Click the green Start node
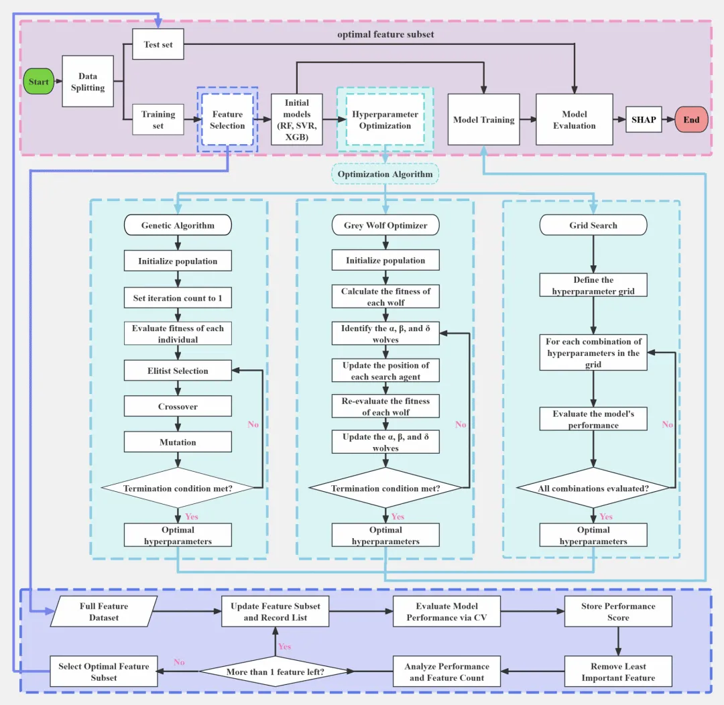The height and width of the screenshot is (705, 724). point(39,81)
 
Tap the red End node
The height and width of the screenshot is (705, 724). point(691,119)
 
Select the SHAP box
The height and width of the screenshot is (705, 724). point(644,119)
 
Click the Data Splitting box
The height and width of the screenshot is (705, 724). point(88,81)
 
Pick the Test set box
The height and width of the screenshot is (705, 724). point(158,44)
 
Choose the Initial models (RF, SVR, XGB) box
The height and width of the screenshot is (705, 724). point(296,119)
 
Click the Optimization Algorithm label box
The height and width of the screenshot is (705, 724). point(385,174)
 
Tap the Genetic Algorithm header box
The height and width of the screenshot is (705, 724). point(178,225)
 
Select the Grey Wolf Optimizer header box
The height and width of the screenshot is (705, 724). point(385,225)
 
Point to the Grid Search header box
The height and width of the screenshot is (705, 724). point(593,225)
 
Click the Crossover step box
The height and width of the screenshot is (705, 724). point(178,406)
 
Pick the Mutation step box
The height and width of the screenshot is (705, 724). point(178,442)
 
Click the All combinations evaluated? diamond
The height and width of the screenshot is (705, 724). point(593,488)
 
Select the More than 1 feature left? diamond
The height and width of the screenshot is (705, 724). point(276,671)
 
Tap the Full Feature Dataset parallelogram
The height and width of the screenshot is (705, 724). point(104,611)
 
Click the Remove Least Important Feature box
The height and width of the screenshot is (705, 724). point(618,671)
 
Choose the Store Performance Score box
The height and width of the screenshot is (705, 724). point(618,611)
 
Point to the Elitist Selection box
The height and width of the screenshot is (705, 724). point(178,371)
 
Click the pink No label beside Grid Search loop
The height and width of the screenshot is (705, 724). point(667,424)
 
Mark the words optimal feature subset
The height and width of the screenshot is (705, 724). point(385,34)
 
